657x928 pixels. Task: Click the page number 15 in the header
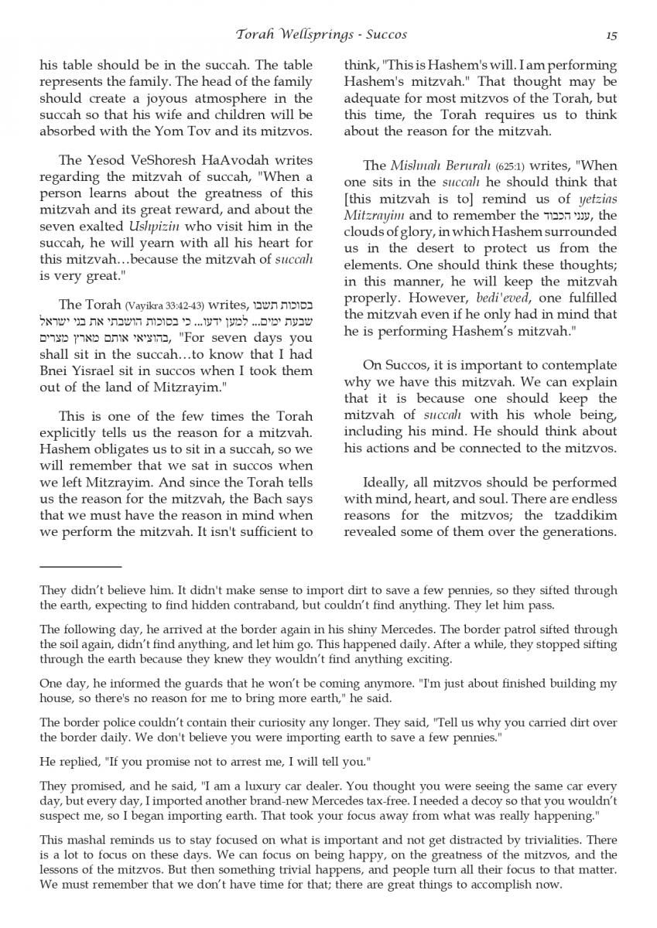[x=611, y=34]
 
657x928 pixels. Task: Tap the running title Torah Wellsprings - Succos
[x=321, y=34]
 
